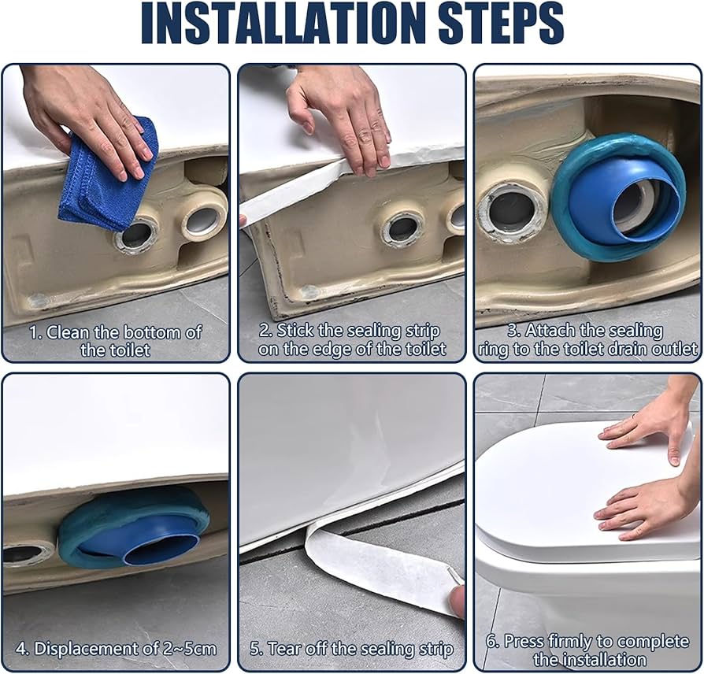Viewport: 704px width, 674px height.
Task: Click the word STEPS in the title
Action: click(x=501, y=24)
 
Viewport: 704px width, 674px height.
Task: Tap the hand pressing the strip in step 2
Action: click(x=341, y=117)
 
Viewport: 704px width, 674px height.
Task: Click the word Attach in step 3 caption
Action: click(x=550, y=331)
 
